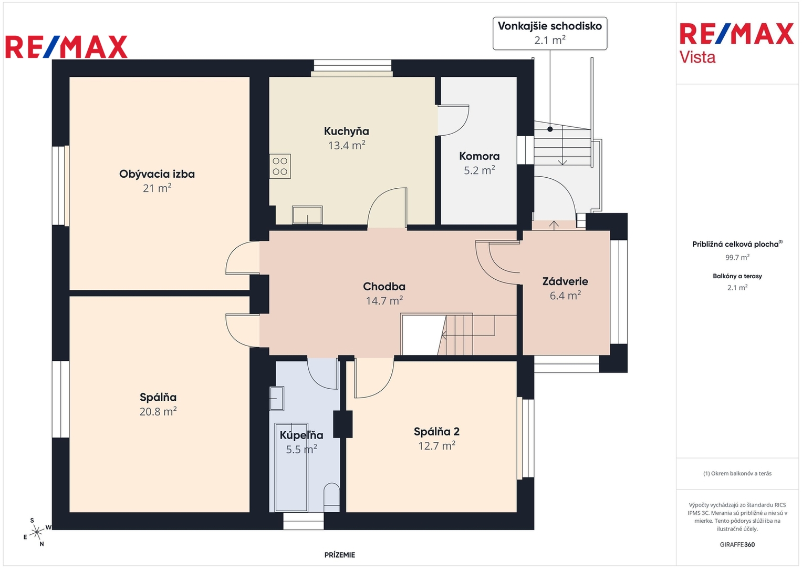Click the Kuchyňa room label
point(346,131)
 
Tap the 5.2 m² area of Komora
point(480,170)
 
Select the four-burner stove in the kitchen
point(280,166)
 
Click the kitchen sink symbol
point(307,215)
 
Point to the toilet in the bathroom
point(331,498)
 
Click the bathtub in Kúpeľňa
point(291,467)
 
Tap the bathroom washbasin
point(276,398)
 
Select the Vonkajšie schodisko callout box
point(549,33)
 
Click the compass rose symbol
point(36,532)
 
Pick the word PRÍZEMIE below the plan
point(340,555)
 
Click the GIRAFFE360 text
point(737,544)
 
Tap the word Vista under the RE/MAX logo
point(697,57)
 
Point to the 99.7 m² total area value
point(737,257)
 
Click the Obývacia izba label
point(157,174)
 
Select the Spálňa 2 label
point(436,431)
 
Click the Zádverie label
point(565,281)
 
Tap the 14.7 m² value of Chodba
point(384,300)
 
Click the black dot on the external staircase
point(550,129)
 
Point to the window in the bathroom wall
point(303,521)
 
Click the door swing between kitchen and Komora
point(453,120)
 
